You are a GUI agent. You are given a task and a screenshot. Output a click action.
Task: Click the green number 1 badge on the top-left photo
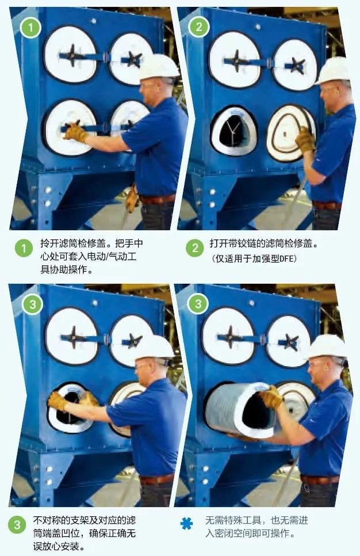coord(30,27)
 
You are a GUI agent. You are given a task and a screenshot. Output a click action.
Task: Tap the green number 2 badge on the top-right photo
coord(199,26)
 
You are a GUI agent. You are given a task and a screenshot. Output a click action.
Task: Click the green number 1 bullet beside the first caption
coord(24,248)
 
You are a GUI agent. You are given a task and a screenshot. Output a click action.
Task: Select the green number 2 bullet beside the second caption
coord(195,248)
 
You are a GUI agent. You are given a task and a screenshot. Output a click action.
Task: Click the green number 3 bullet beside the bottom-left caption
coord(17,525)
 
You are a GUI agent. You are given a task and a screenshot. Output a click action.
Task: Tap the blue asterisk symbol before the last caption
coord(187,523)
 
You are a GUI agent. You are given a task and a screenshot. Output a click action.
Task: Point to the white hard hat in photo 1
coord(158,66)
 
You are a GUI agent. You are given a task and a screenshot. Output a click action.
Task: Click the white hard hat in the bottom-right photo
coord(328,346)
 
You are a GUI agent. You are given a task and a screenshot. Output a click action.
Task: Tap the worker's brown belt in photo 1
coord(158,199)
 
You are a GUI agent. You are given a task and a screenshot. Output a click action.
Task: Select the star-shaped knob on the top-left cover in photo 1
coord(72,55)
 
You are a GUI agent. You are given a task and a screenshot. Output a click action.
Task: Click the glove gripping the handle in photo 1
coord(75,132)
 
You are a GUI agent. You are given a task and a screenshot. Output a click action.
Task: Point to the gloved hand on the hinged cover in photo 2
coord(305,140)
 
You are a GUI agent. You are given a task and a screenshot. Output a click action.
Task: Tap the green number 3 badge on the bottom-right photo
coord(198,303)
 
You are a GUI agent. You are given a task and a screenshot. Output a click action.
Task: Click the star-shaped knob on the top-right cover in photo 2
coord(297,65)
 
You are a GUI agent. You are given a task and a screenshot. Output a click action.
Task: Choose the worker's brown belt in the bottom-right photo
coord(319,479)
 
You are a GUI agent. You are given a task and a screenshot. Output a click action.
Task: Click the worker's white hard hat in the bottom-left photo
coord(153,347)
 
